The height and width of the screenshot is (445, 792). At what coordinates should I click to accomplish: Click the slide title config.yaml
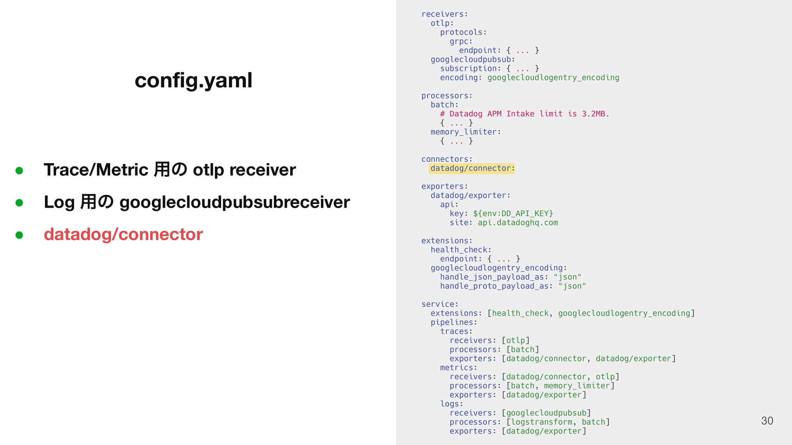point(193,80)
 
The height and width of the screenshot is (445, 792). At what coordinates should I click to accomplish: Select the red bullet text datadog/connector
point(123,234)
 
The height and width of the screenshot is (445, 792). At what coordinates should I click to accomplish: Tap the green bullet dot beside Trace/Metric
point(19,170)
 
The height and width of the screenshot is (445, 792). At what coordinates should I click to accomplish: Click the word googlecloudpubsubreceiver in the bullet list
point(234,202)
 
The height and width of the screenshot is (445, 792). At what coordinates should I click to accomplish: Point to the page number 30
point(767,421)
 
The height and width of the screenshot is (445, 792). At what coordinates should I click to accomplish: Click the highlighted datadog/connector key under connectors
point(471,169)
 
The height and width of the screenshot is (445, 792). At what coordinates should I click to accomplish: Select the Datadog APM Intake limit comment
point(524,114)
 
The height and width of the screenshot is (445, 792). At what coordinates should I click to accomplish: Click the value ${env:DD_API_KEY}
point(513,213)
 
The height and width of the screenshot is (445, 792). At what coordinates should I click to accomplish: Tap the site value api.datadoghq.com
point(517,222)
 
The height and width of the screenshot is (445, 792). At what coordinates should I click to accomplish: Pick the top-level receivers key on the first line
point(443,14)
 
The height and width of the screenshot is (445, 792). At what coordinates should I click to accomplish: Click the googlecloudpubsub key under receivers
point(471,59)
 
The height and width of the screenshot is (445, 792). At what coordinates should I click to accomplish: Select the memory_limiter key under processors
point(463,132)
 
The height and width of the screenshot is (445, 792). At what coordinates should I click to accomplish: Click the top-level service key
point(438,304)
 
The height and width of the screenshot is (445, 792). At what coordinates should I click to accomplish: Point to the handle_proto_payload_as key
point(494,286)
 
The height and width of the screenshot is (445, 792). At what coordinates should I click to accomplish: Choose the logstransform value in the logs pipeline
point(541,422)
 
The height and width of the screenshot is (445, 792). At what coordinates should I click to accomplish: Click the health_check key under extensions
point(459,250)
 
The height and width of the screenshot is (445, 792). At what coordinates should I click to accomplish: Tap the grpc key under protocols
point(459,41)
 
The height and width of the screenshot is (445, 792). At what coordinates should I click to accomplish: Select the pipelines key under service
point(452,322)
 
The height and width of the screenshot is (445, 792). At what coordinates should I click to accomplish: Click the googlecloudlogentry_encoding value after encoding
point(553,77)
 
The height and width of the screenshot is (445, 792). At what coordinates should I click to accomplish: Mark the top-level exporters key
point(443,186)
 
